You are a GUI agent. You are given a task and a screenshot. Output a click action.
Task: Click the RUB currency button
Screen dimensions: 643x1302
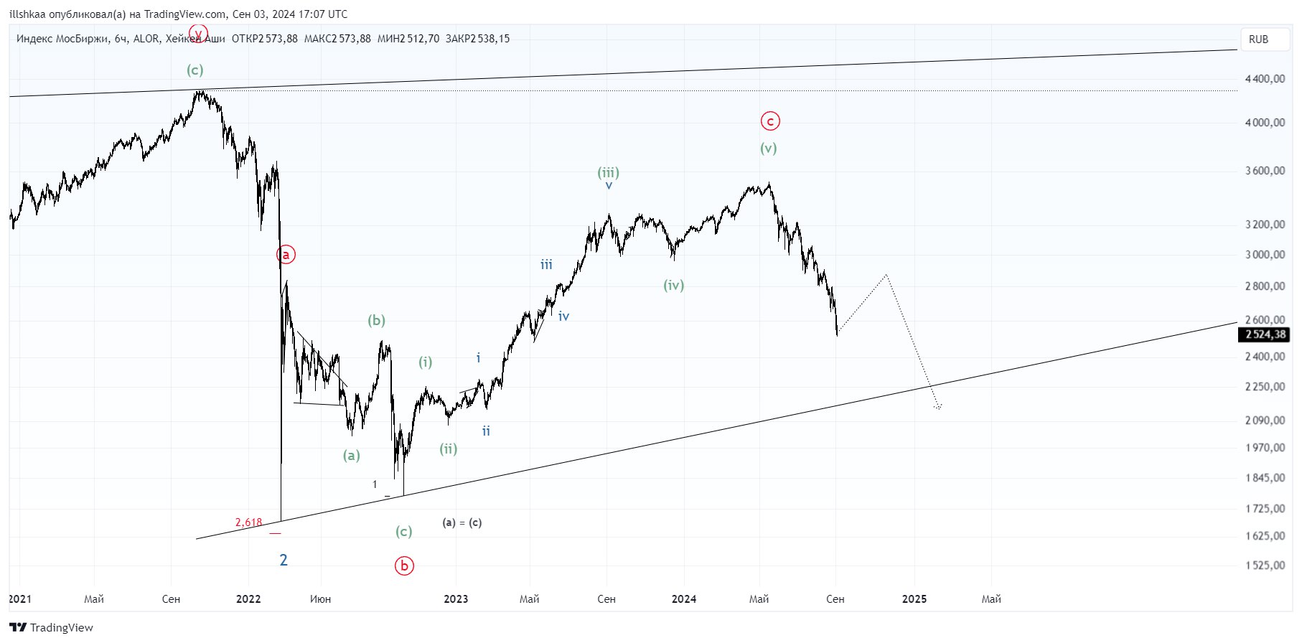click(x=1258, y=39)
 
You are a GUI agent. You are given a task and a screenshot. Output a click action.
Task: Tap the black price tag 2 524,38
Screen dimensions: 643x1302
click(x=1265, y=334)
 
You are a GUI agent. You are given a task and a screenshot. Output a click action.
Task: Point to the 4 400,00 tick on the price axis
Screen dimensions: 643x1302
click(x=1265, y=79)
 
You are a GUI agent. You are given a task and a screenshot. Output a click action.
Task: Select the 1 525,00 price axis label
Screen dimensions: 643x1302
click(x=1265, y=565)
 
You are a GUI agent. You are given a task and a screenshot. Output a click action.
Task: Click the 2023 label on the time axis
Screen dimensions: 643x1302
click(x=456, y=599)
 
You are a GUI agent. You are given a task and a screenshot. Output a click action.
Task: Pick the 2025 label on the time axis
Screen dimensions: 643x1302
click(x=914, y=599)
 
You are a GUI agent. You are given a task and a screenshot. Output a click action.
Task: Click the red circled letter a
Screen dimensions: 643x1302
click(x=286, y=254)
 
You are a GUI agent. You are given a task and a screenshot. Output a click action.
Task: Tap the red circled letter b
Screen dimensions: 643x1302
click(x=404, y=565)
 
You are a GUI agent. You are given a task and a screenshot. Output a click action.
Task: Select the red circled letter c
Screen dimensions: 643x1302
click(x=770, y=121)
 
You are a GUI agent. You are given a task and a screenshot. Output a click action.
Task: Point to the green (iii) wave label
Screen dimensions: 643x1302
click(x=608, y=172)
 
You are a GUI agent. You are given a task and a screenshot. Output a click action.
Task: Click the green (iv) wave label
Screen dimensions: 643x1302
click(x=673, y=285)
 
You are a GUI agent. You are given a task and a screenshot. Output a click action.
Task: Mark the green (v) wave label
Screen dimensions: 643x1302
click(x=768, y=149)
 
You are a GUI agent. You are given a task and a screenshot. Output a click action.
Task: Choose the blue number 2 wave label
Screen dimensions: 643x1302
click(x=284, y=560)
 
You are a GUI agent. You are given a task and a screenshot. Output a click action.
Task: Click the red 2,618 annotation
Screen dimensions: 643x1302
click(x=248, y=522)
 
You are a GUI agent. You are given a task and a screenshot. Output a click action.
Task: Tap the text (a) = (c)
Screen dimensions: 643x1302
click(x=462, y=522)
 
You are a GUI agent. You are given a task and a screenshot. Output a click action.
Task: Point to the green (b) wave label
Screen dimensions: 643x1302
click(x=376, y=320)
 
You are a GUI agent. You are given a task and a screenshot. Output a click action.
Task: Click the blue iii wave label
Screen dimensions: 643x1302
click(x=546, y=265)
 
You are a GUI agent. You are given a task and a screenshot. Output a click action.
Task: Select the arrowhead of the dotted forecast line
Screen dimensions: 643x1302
click(x=937, y=407)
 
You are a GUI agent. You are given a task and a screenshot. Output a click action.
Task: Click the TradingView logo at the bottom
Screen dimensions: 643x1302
click(x=51, y=628)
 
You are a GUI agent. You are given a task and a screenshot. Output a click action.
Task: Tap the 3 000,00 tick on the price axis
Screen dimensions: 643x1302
click(x=1265, y=255)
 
